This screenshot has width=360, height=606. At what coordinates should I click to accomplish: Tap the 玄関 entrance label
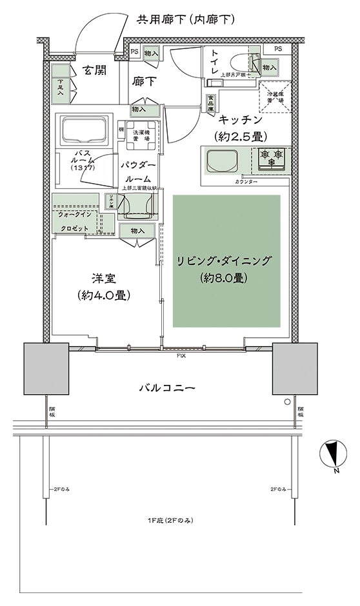[94, 71]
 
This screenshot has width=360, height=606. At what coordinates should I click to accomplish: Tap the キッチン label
[240, 119]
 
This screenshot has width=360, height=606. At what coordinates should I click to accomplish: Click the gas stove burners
[272, 155]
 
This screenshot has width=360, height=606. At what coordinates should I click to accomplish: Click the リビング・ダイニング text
[225, 261]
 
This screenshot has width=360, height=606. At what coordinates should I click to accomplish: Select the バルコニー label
[167, 387]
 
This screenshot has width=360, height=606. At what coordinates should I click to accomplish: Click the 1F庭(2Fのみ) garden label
[169, 520]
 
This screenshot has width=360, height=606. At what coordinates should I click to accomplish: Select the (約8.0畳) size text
[225, 279]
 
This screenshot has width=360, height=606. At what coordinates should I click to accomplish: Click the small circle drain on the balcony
[286, 402]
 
